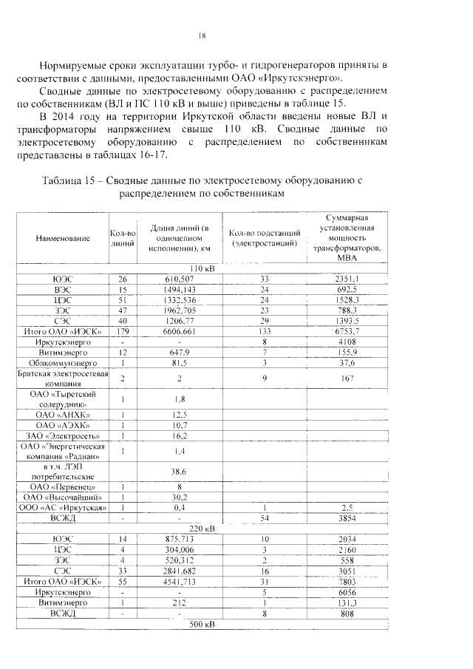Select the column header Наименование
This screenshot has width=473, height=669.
pos(62,238)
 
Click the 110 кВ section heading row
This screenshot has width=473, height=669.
pos(202,268)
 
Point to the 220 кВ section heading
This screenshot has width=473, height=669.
pos(202,529)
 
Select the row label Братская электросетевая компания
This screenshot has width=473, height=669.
pos(63,379)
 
